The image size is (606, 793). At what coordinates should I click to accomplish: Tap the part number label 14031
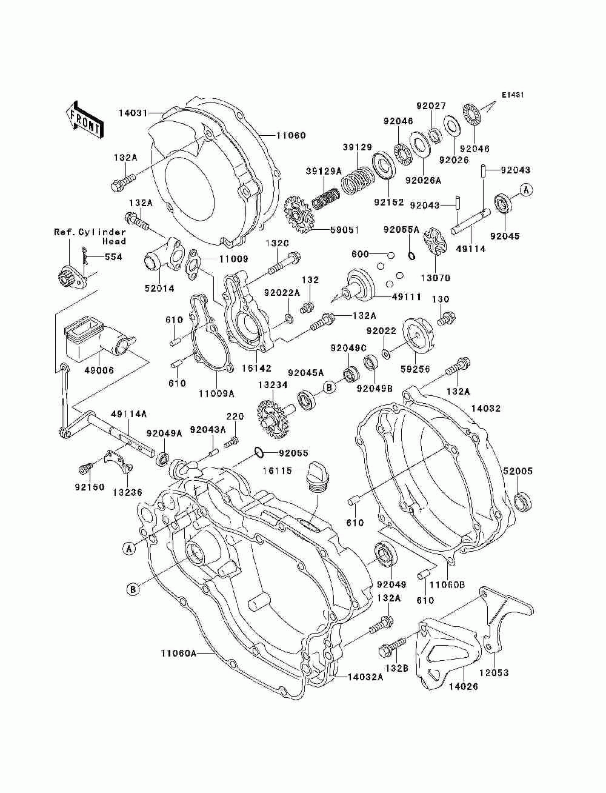pos(133,113)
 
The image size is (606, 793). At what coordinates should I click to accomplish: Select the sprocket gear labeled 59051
pos(298,216)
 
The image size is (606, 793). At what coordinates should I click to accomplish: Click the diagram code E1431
pos(512,95)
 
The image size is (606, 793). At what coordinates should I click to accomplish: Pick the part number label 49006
pos(99,370)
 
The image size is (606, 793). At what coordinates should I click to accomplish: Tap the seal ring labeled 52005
pos(522,501)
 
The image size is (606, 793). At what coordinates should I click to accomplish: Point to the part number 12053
pos(494,672)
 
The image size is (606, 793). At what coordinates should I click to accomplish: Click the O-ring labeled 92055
pos(259,452)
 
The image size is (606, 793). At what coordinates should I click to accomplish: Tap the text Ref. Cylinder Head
pos(90,236)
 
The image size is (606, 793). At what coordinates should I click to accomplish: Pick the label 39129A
pos(324,171)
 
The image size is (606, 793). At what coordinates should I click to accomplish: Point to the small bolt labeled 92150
pos(84,469)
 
